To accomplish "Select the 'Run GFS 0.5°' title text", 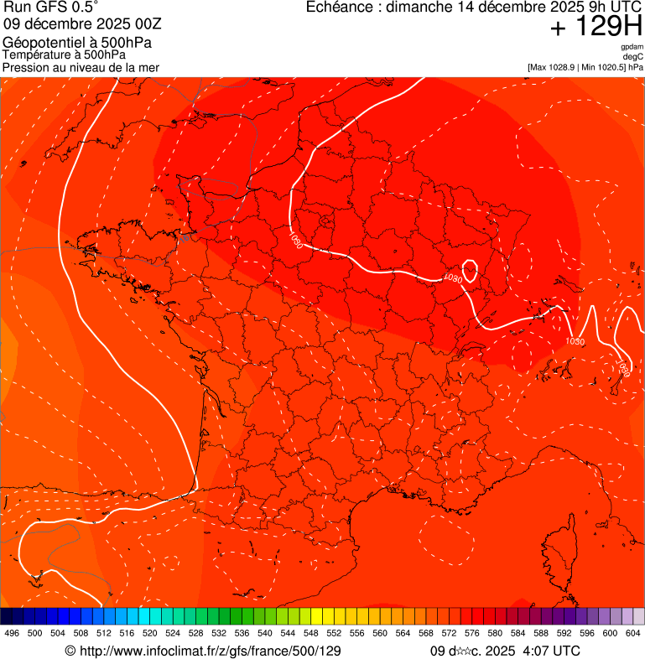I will (51, 8).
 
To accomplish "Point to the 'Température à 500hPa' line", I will (65, 54).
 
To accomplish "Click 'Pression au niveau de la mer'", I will (81, 67).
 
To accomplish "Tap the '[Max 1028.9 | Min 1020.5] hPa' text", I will (585, 67).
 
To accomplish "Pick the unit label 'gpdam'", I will (632, 47).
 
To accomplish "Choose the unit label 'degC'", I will (633, 57).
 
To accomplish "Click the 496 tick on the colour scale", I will (12, 633).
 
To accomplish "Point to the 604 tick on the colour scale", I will (633, 633).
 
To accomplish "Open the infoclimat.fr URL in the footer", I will (210, 651).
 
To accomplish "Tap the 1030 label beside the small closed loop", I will (452, 278).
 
